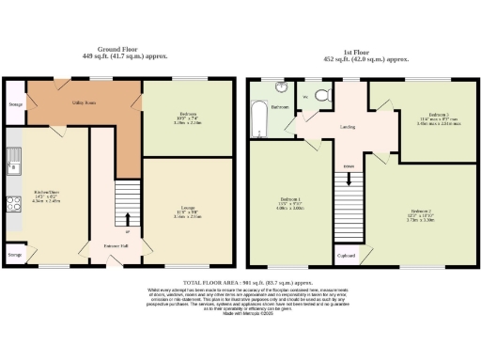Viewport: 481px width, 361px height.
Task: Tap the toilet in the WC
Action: click(x=321, y=95)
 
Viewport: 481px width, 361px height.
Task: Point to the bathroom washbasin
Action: click(x=282, y=87)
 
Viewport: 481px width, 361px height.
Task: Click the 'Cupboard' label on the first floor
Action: click(x=346, y=254)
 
